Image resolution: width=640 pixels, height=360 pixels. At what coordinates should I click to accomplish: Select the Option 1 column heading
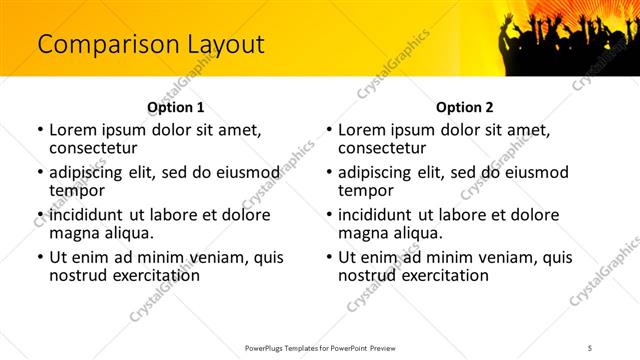point(175,107)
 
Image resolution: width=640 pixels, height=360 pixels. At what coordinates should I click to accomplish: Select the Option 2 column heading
point(464,107)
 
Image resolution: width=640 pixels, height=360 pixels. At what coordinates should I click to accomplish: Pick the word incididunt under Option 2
point(376,214)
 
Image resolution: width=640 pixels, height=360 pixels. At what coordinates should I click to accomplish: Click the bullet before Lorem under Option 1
point(39,130)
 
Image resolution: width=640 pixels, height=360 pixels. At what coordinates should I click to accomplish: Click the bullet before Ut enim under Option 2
point(328,257)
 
